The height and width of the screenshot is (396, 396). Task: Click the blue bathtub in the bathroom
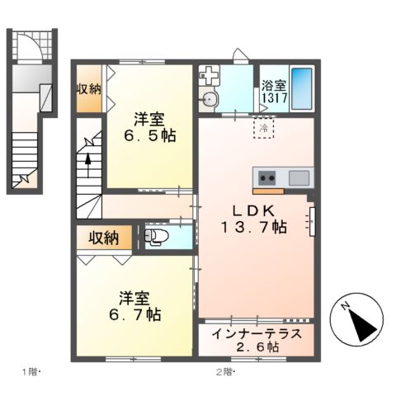pyautogui.click(x=302, y=88)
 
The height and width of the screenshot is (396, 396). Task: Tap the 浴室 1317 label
pyautogui.click(x=274, y=92)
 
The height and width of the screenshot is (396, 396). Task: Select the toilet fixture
pyautogui.click(x=157, y=237)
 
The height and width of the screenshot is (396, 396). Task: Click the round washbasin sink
pyautogui.click(x=210, y=99)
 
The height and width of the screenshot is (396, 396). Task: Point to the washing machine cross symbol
pyautogui.click(x=210, y=75)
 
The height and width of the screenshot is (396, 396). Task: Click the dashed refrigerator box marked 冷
pyautogui.click(x=264, y=128)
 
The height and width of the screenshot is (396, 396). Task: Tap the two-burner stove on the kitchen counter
pyautogui.click(x=267, y=178)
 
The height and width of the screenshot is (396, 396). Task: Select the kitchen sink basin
pyautogui.click(x=299, y=178)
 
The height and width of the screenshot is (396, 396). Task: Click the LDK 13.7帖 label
pyautogui.click(x=254, y=219)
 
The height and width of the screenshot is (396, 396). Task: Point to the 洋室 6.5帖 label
pyautogui.click(x=150, y=127)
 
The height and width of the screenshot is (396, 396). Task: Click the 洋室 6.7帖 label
pyautogui.click(x=134, y=307)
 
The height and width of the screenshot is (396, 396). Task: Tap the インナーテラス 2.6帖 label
pyautogui.click(x=257, y=341)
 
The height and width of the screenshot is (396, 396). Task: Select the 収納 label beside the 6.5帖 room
pyautogui.click(x=88, y=89)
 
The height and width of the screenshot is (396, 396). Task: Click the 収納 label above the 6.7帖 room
pyautogui.click(x=104, y=238)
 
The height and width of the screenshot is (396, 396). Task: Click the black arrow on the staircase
pyautogui.click(x=87, y=164)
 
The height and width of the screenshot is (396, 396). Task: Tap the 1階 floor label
pyautogui.click(x=31, y=372)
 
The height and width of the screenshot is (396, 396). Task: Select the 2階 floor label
pyautogui.click(x=225, y=372)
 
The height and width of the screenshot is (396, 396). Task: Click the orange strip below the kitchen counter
pyautogui.click(x=268, y=191)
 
